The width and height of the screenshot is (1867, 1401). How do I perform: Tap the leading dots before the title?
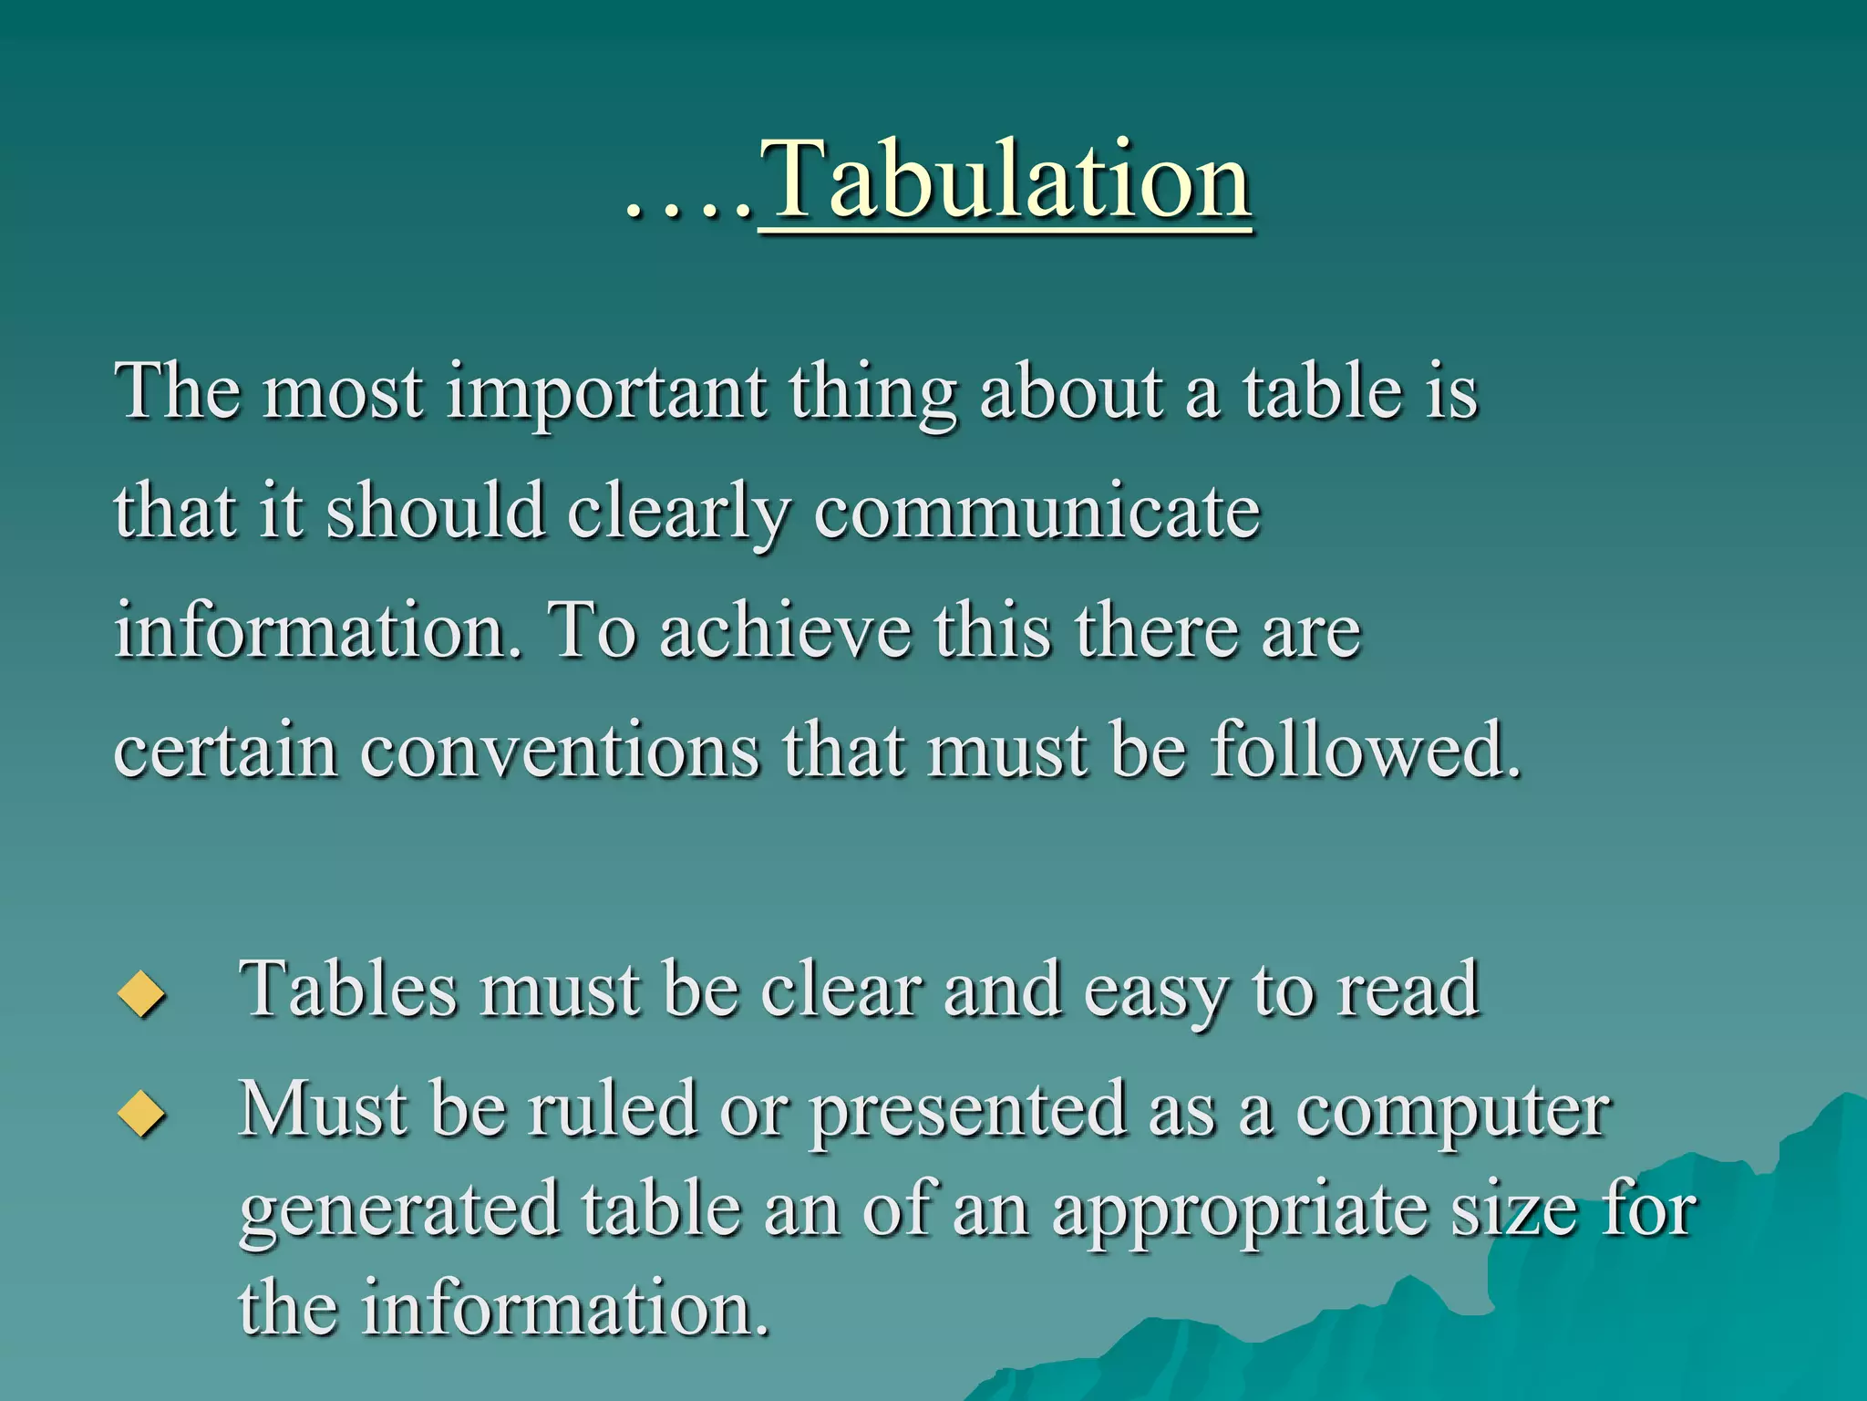[688, 212]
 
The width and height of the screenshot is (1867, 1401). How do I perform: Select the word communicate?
[1037, 512]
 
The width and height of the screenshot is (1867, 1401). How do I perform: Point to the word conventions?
[559, 751]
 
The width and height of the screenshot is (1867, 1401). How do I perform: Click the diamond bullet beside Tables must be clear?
[142, 993]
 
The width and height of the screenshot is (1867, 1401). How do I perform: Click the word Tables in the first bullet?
[347, 990]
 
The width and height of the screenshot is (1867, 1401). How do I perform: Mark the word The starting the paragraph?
[178, 392]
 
